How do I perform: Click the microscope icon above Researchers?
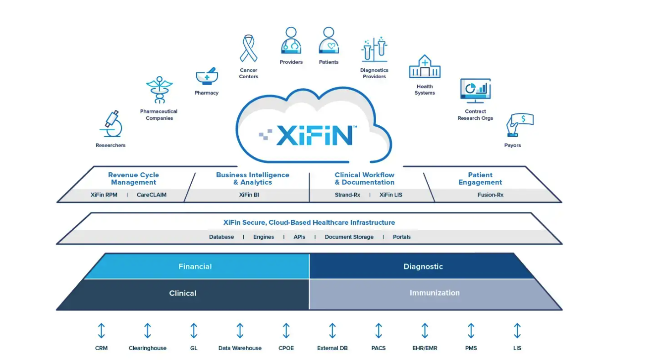click(x=111, y=124)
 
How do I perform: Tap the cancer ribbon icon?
click(x=248, y=48)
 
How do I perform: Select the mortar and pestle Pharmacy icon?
click(x=207, y=76)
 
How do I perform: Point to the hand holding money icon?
click(x=520, y=125)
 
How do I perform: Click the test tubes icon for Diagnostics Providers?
click(x=374, y=49)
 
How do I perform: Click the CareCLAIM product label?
click(x=152, y=195)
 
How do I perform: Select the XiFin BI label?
click(x=249, y=195)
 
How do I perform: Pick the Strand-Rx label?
click(x=347, y=195)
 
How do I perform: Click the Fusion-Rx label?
click(x=491, y=195)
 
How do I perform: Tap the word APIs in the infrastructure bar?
click(x=299, y=237)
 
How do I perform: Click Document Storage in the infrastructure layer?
click(x=349, y=237)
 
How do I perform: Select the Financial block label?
click(x=195, y=266)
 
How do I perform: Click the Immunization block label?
click(x=435, y=293)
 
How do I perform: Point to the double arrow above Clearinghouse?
click(x=148, y=330)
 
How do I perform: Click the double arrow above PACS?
click(x=379, y=330)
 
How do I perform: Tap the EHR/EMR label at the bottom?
click(x=425, y=348)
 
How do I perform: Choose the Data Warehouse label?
click(x=240, y=348)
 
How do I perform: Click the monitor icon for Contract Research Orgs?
click(x=475, y=91)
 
